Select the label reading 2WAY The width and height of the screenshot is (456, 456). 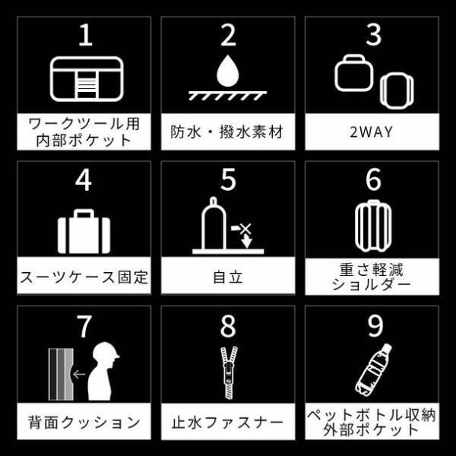click(x=372, y=131)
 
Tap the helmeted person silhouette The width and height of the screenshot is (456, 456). click(x=106, y=375)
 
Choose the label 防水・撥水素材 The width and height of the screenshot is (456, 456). click(x=227, y=131)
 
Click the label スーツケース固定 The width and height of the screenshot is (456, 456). click(x=84, y=276)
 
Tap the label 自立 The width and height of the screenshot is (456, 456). click(x=228, y=276)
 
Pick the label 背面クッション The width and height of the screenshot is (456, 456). click(x=84, y=421)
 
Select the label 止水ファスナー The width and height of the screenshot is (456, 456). click(x=228, y=421)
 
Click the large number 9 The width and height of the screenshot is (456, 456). click(x=372, y=325)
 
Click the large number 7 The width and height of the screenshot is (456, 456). click(x=84, y=325)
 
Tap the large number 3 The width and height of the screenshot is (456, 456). click(x=372, y=34)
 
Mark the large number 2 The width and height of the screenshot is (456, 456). click(x=228, y=34)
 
